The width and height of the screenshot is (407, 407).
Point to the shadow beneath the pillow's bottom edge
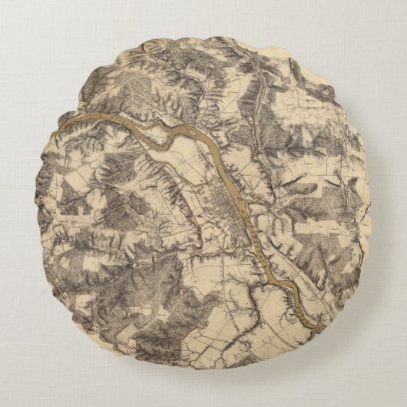click(x=203, y=379)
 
